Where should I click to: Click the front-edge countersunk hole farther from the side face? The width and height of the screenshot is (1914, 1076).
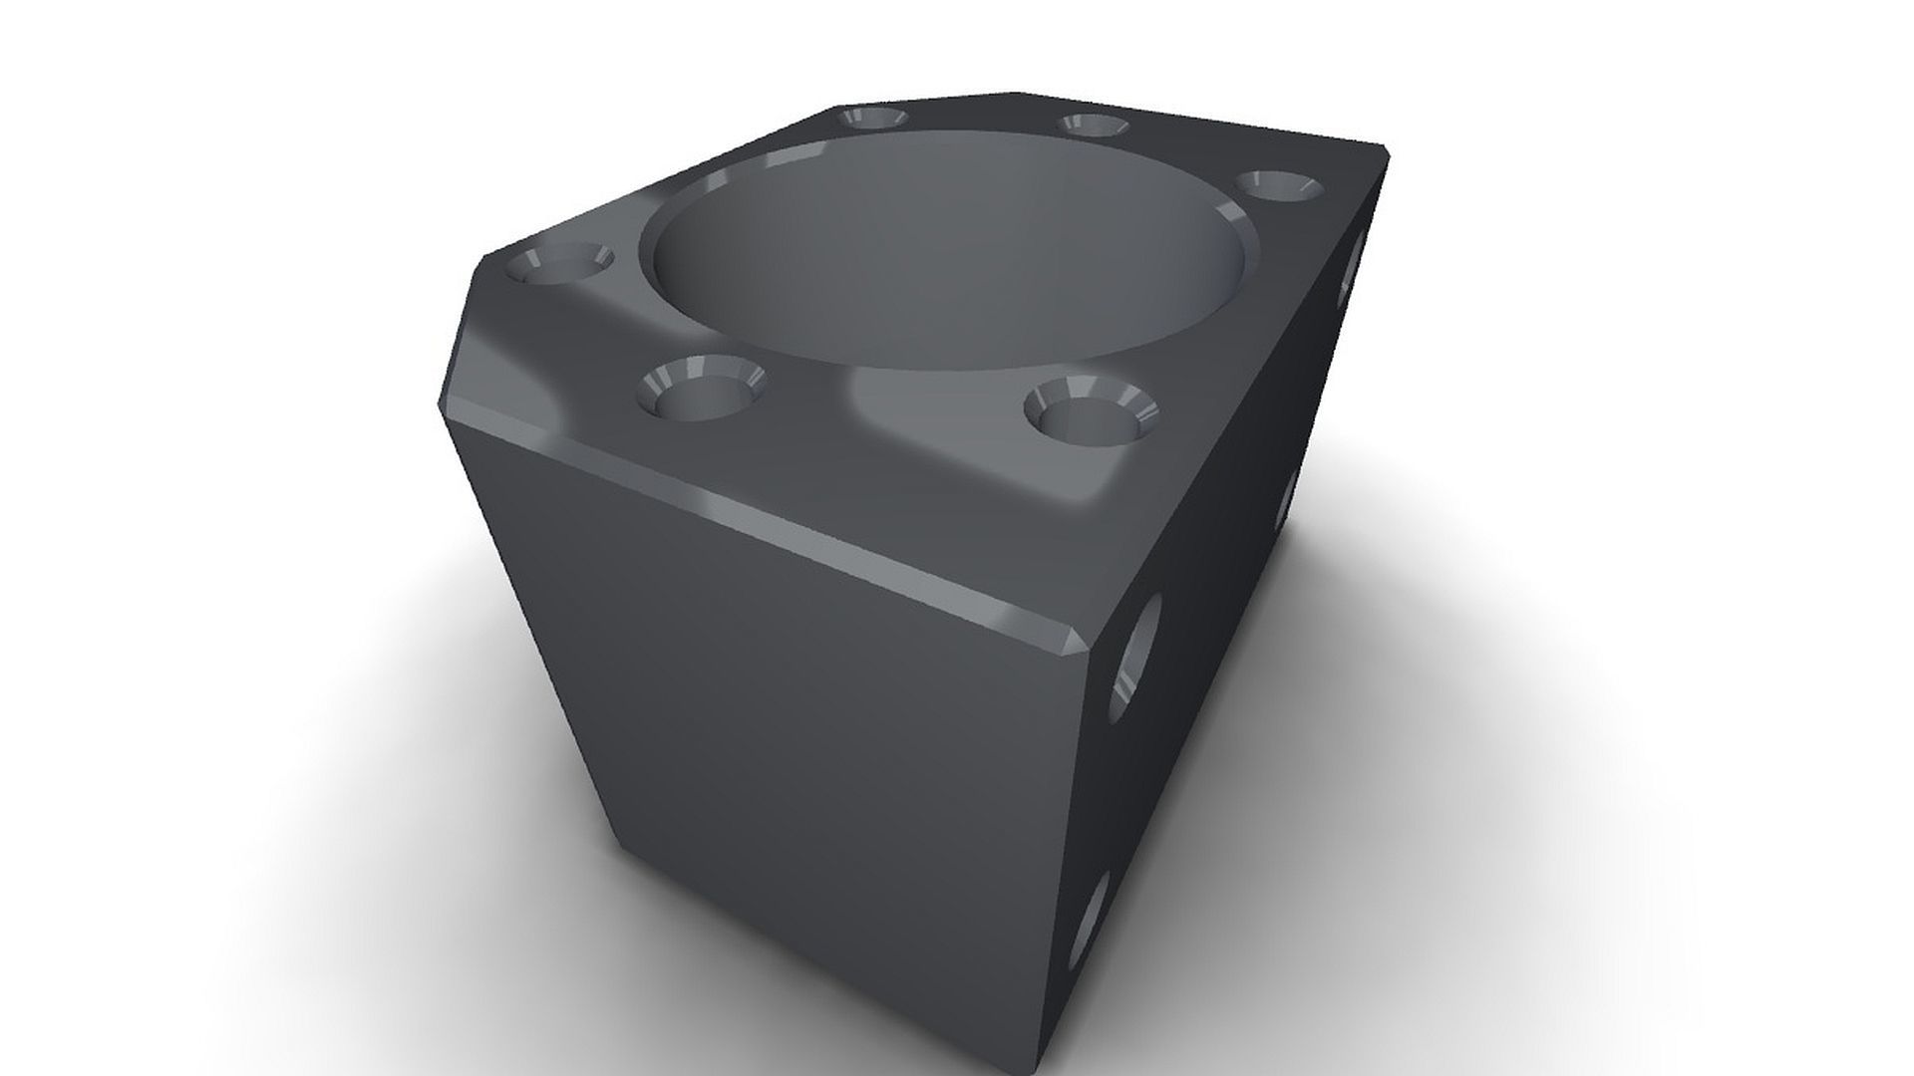point(700,390)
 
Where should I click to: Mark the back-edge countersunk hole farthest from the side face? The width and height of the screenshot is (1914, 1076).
point(873,119)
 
